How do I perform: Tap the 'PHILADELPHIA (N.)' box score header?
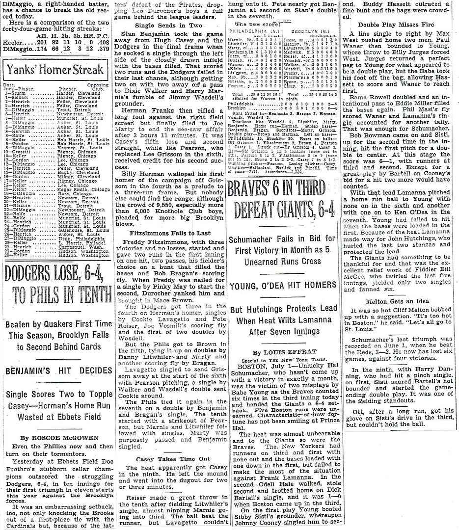coord(254,29)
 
